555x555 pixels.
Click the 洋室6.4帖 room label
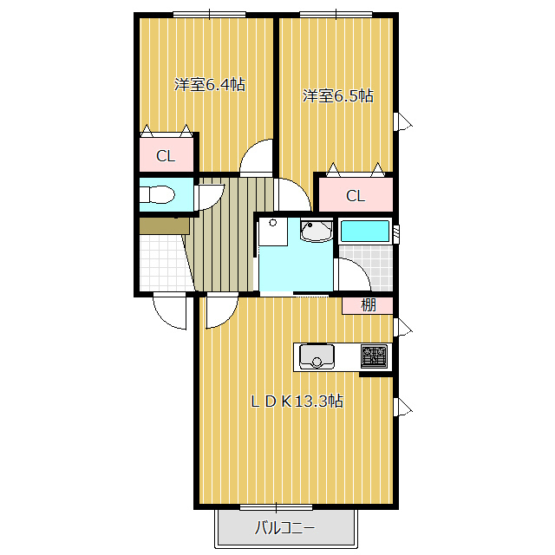point(210,85)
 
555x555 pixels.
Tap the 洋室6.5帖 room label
point(337,96)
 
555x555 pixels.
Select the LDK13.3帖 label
point(297,402)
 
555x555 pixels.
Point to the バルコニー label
point(284,528)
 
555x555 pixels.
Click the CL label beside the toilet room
point(166,156)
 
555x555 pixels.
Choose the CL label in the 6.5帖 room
point(356,196)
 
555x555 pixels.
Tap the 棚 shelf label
point(368,305)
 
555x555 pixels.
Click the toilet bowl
point(158,194)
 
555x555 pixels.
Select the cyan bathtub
point(364,232)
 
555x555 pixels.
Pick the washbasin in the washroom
point(316,230)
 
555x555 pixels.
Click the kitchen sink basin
point(317,356)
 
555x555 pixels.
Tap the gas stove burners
point(374,356)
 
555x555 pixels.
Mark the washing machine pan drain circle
point(272,223)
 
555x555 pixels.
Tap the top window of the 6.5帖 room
point(336,15)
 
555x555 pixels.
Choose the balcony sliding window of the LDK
point(276,508)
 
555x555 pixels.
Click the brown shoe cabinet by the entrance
point(165,226)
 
